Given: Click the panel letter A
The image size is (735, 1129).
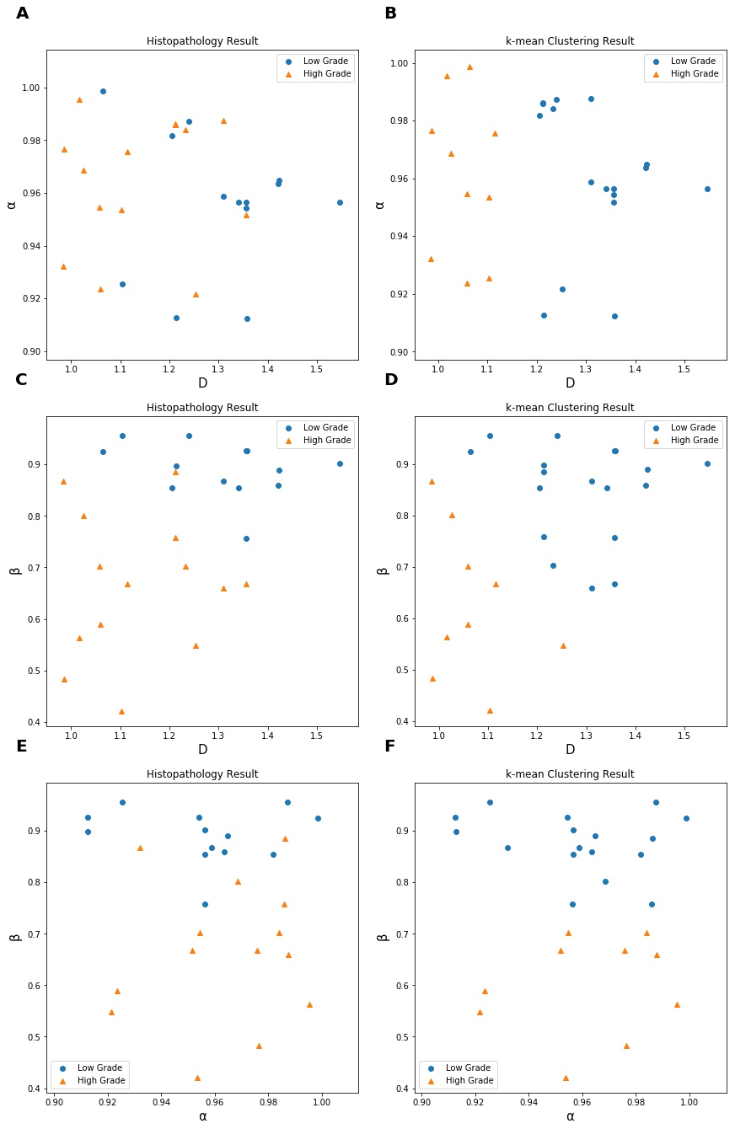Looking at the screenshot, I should [22, 13].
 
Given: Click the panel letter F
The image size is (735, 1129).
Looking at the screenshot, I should [390, 746].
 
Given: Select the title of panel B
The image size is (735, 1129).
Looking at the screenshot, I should [570, 41].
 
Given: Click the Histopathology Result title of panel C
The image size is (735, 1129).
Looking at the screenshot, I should [202, 408].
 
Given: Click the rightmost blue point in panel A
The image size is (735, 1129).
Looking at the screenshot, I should [340, 202].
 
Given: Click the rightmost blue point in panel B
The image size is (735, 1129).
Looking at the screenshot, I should [707, 189].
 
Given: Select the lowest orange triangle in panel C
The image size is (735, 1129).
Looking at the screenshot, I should [121, 711].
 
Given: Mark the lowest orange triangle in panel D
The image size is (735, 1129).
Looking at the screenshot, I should [490, 710].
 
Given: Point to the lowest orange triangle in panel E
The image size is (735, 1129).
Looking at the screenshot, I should [197, 1078].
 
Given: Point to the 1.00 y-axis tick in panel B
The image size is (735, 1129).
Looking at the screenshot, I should [399, 63].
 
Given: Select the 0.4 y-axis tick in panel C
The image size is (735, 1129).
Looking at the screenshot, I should [32, 722].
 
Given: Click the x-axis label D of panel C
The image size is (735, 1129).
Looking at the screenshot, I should [202, 749].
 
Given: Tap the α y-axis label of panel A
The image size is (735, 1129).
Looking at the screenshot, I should [12, 203].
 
